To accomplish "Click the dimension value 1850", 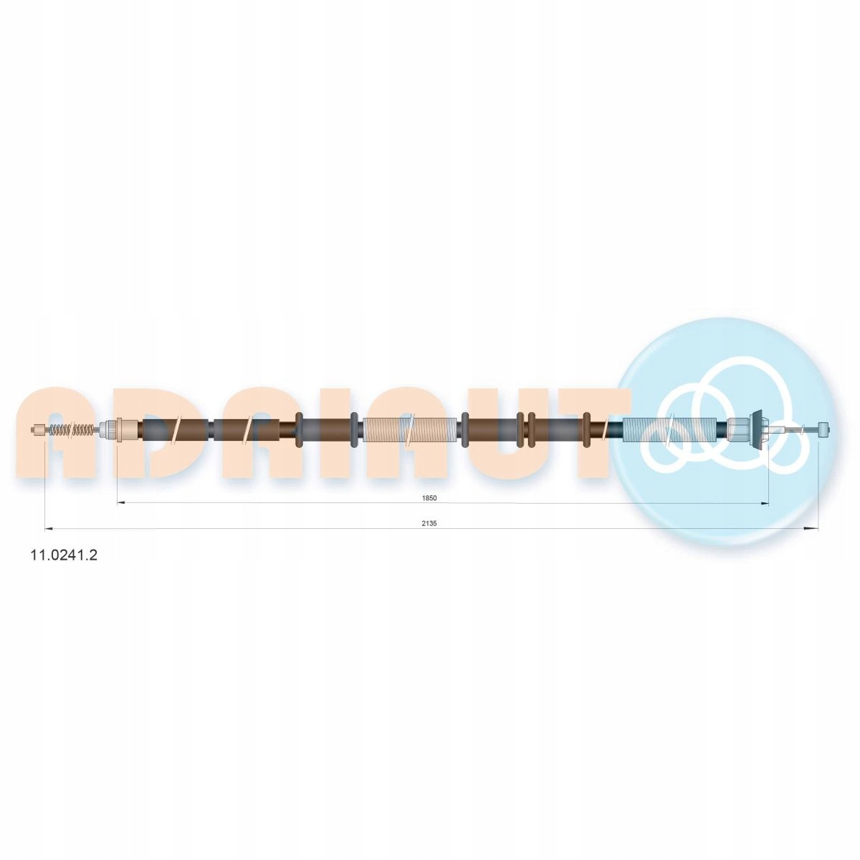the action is click(429, 498).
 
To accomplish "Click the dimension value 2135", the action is click(429, 523).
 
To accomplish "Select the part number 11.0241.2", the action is click(63, 555).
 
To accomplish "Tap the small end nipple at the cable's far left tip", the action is click(39, 430).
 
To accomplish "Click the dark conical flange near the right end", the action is click(756, 430).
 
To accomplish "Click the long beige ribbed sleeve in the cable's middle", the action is click(410, 430).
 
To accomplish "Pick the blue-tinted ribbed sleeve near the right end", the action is click(669, 430).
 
